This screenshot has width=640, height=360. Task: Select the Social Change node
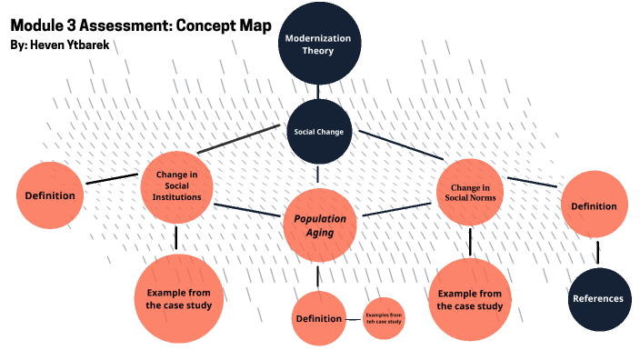coord(318,132)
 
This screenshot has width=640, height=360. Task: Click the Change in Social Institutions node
coord(177,186)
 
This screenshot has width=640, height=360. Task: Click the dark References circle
coord(597,298)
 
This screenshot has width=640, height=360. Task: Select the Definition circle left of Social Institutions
coord(50,195)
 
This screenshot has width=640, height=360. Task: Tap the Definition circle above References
coord(593,206)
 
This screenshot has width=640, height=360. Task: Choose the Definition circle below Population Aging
coord(318,318)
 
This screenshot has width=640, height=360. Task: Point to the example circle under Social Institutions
coord(178,299)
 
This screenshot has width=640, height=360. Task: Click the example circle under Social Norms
coord(469,299)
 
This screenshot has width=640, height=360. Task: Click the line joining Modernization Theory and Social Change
coord(318,90)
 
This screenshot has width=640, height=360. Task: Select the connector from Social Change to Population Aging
coord(318,176)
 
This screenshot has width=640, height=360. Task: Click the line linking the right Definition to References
coord(597,252)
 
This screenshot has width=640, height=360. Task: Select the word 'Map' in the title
coord(253,25)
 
